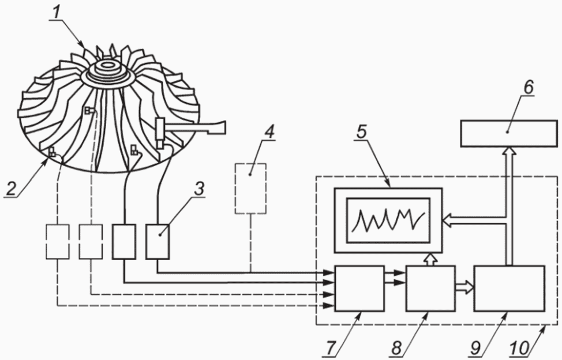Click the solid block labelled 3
click(x=158, y=242)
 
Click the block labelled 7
click(x=359, y=288)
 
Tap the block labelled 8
click(x=430, y=288)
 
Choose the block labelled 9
click(x=509, y=288)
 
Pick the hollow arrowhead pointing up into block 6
click(x=508, y=152)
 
